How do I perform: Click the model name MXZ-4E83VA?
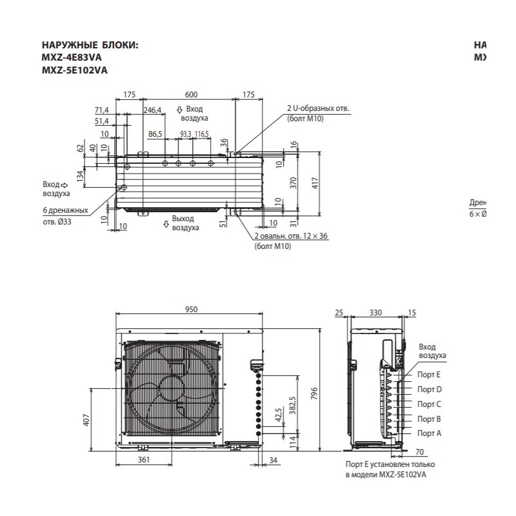click(x=71, y=57)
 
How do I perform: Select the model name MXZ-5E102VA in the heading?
click(x=74, y=70)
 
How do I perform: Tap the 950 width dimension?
click(x=191, y=310)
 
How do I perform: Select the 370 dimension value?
click(x=292, y=183)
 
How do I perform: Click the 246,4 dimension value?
click(x=152, y=110)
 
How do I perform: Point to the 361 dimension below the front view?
click(x=144, y=460)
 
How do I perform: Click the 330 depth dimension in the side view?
click(x=376, y=313)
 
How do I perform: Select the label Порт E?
click(x=429, y=374)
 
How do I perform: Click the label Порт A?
click(x=429, y=433)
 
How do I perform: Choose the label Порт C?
click(x=429, y=404)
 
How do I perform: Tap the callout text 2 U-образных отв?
click(x=318, y=108)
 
